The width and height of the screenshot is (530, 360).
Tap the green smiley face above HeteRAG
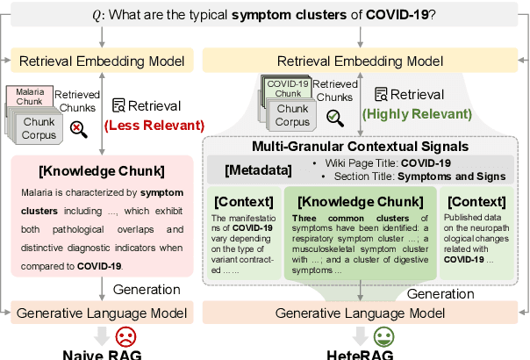[383, 337]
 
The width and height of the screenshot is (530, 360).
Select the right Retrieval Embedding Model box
[360, 61]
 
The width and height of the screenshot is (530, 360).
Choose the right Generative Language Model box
[360, 312]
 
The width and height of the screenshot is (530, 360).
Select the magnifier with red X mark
[77, 130]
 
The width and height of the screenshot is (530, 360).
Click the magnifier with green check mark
[334, 117]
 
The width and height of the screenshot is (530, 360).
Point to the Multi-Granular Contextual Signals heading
[359, 146]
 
